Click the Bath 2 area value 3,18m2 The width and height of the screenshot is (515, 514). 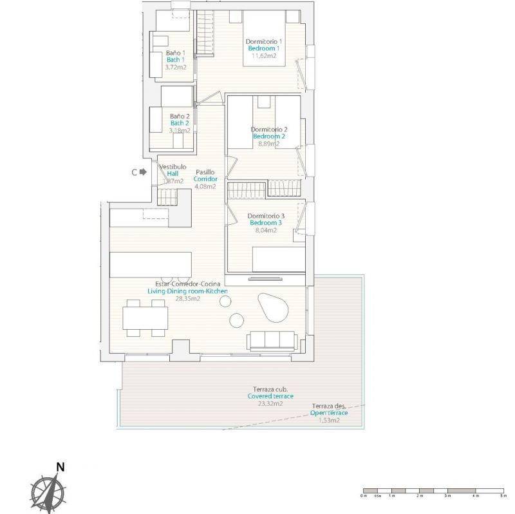[x=179, y=130]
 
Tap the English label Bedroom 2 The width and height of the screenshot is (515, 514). [x=269, y=137]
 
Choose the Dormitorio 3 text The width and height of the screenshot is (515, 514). [x=266, y=216]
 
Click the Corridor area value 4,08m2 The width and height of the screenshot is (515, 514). [x=205, y=186]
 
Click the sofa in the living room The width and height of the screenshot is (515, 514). [x=271, y=340]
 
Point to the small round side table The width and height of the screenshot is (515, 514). [x=236, y=319]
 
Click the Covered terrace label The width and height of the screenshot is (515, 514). [x=270, y=396]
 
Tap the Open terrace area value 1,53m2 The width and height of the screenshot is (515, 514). [x=331, y=420]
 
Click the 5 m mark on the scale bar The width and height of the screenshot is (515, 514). [x=502, y=496]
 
